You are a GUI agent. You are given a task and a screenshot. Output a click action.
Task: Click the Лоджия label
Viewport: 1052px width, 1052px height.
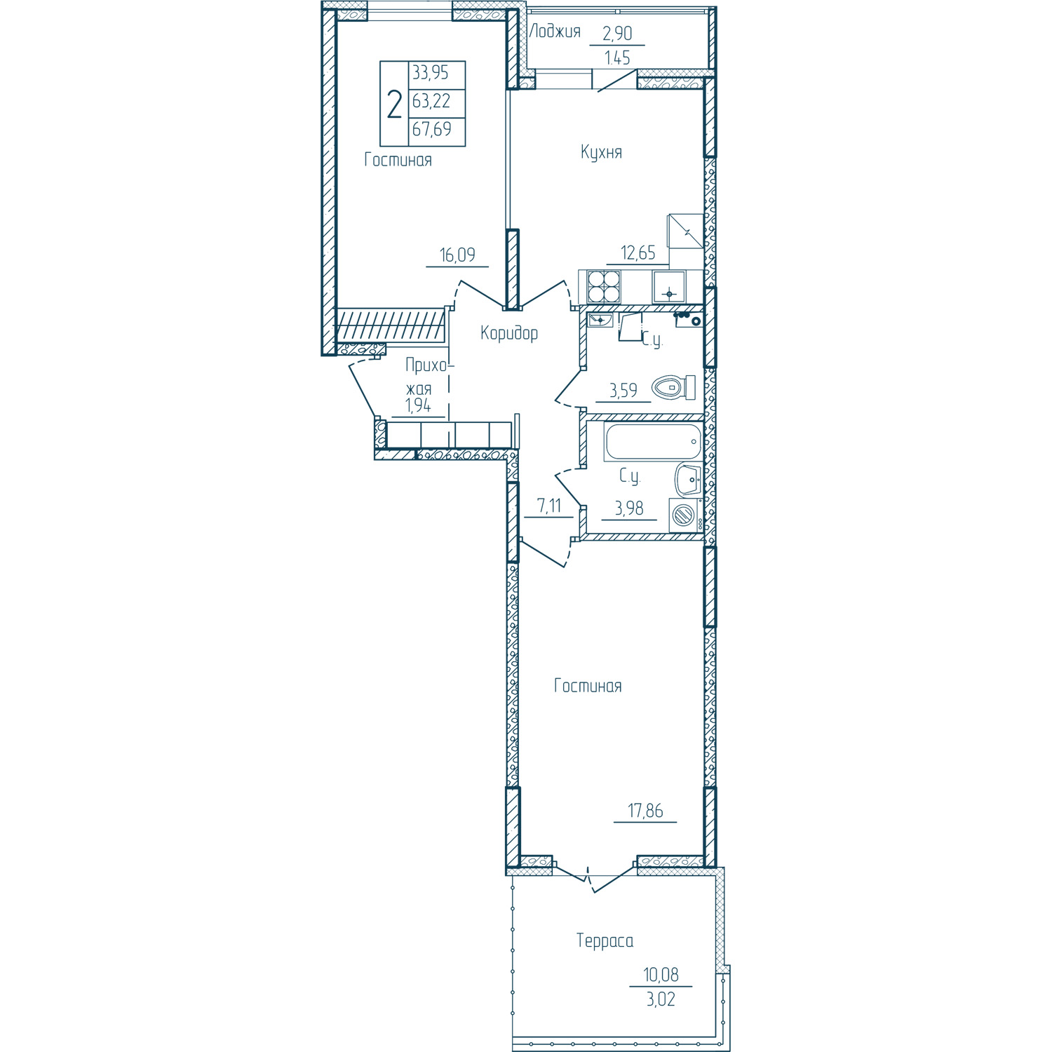[x=555, y=32]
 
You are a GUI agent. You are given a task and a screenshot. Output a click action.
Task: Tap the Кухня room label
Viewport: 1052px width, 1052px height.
[x=601, y=152]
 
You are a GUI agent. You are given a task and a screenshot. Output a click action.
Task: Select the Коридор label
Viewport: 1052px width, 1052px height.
[x=509, y=333]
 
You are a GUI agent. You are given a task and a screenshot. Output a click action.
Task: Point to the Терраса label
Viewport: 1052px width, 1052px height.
[x=605, y=940]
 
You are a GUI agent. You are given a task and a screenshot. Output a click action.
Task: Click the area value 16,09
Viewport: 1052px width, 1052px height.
[x=457, y=255]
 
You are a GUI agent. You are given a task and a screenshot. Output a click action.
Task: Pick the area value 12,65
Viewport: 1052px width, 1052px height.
[x=638, y=252]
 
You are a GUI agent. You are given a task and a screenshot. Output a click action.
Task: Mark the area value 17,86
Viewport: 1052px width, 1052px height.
[x=645, y=811]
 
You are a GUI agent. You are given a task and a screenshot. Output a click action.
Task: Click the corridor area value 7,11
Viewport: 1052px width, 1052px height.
[x=549, y=505]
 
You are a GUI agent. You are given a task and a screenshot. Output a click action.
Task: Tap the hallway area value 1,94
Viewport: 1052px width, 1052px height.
[x=418, y=405]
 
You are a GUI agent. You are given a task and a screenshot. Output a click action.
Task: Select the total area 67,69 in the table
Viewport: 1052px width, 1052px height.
[x=432, y=130]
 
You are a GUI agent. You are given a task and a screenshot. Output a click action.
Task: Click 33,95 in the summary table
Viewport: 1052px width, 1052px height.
[x=431, y=73]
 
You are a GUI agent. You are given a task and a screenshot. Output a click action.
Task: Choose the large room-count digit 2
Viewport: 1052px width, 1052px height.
[x=395, y=104]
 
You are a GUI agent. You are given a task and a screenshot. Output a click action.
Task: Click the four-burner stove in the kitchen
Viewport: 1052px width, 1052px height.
[x=604, y=287]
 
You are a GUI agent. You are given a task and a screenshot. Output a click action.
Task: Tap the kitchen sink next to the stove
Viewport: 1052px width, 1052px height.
[x=670, y=287]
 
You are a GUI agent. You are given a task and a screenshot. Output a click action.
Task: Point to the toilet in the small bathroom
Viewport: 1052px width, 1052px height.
[x=673, y=387]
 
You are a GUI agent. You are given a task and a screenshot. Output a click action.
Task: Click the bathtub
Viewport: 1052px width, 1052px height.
[x=653, y=442]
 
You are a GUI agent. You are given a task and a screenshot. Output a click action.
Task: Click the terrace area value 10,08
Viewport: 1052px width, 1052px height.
[x=661, y=975]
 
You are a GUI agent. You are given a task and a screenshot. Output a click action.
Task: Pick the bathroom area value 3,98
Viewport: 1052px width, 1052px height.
[x=629, y=508]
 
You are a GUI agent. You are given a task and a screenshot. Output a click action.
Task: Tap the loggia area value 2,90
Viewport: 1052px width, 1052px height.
[x=617, y=33]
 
